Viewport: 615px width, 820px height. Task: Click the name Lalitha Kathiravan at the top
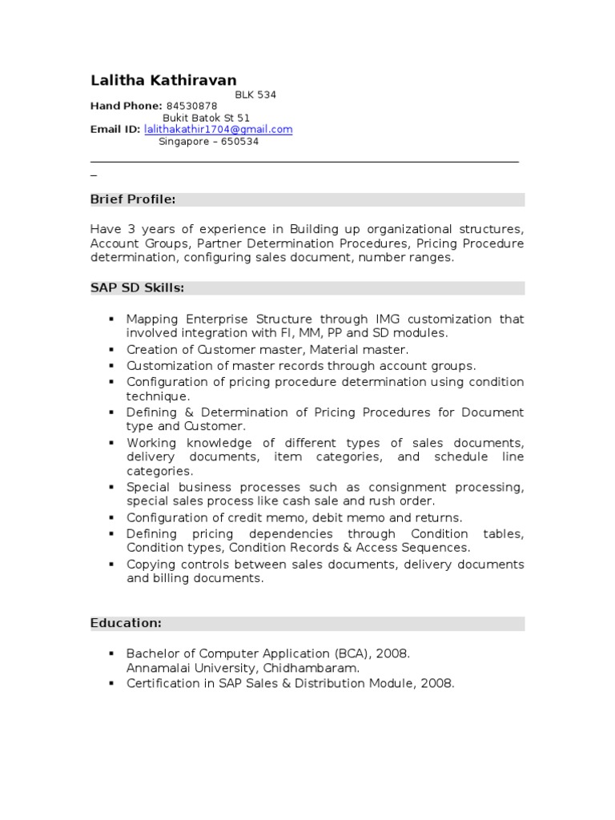coord(163,80)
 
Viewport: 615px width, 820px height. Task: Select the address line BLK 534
coord(255,94)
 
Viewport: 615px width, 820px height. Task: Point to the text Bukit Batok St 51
coord(206,118)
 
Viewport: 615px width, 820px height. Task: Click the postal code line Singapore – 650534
coord(208,141)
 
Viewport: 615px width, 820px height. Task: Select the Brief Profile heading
coord(133,199)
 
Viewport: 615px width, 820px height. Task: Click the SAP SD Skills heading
coord(137,287)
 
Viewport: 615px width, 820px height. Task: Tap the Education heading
coord(126,622)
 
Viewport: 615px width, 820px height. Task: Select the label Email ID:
coord(115,129)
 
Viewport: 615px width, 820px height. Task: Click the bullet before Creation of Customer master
coord(111,350)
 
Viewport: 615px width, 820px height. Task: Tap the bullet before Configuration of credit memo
coord(111,518)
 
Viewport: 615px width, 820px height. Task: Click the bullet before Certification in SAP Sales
coord(111,683)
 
